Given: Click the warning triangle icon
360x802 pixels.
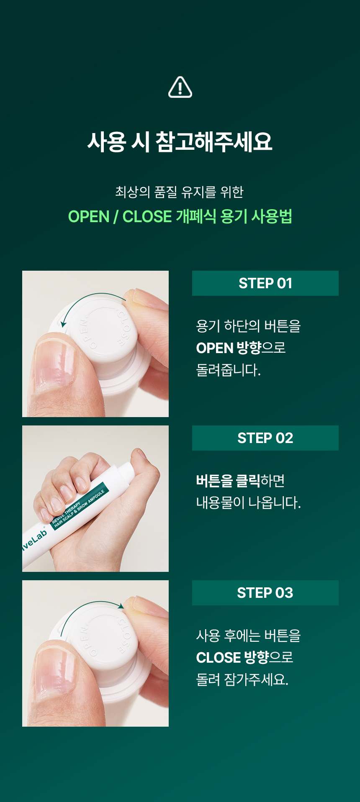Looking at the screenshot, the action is (180, 87).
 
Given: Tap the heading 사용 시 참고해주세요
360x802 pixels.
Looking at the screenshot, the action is (180, 141).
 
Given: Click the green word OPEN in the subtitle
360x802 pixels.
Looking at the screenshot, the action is (89, 217).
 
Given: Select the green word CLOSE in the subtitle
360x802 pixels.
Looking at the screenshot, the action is (147, 217).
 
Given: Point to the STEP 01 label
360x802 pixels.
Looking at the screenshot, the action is (265, 283).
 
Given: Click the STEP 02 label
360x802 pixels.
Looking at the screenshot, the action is (265, 438).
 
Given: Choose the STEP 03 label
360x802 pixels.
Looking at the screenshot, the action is (265, 593).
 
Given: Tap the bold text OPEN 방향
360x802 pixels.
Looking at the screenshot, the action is (229, 348).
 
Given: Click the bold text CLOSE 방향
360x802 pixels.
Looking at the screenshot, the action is (232, 658).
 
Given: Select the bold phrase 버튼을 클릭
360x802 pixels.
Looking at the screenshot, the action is (228, 481).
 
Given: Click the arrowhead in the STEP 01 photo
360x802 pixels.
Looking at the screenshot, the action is (63, 324).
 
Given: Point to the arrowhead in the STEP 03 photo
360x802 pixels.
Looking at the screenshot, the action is (121, 606).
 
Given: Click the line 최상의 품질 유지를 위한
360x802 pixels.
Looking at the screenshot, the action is (180, 192).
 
